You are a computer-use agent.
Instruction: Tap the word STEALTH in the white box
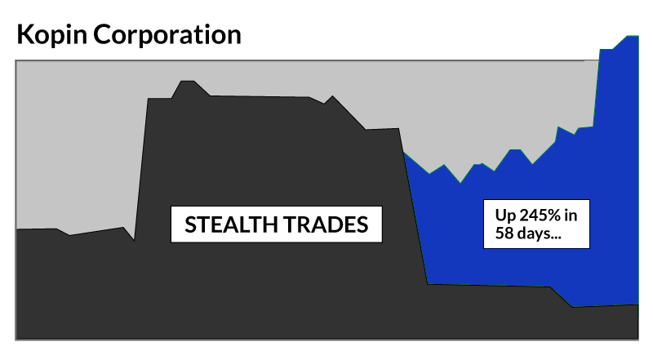point(231,224)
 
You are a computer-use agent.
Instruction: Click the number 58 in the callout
point(504,234)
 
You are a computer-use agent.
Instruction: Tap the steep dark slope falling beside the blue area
point(415,220)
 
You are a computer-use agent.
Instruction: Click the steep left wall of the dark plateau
point(141,163)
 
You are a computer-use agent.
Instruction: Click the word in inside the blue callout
point(572,216)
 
